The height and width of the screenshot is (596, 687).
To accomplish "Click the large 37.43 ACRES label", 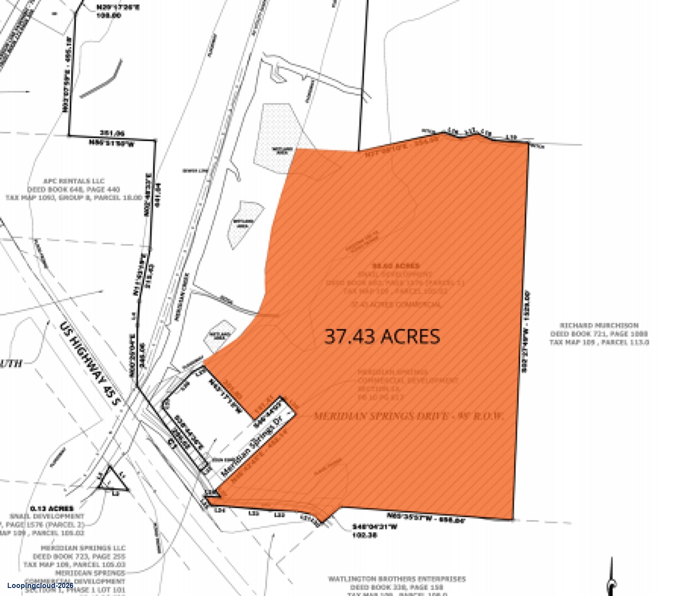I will click(x=382, y=336).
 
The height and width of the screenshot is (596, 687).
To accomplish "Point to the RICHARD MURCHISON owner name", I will click(x=599, y=325).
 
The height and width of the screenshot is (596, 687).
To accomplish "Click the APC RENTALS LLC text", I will click(x=74, y=181).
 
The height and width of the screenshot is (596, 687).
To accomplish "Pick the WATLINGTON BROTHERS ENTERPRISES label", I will click(x=397, y=579).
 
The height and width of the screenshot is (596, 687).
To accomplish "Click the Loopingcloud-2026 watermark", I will click(x=40, y=585).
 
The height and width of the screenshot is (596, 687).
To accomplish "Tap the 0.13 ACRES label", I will click(x=52, y=508).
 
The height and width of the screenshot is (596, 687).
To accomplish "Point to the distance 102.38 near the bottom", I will click(x=364, y=535).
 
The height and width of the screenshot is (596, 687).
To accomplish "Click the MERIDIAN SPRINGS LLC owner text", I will click(x=83, y=548).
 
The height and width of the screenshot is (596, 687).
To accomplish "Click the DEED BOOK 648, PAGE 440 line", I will click(x=74, y=190).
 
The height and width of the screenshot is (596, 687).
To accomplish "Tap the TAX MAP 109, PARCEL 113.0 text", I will click(x=599, y=342).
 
